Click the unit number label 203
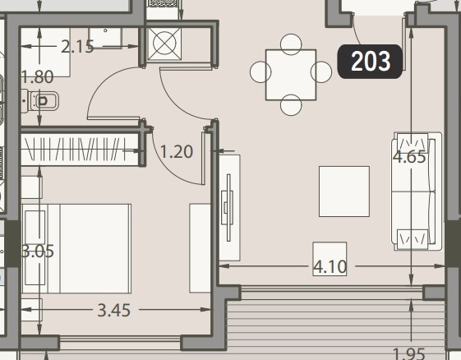point(370,62)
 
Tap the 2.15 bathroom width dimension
point(77,47)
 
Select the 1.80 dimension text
point(38,77)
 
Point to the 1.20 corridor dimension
point(177,152)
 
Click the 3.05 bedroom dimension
point(39,252)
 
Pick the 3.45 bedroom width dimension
point(113,311)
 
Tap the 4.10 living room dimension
point(330,267)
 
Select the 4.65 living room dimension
point(409,157)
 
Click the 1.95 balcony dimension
point(409,353)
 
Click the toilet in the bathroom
point(40,101)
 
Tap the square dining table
point(291,75)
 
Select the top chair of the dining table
point(291,44)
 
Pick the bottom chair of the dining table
point(291,105)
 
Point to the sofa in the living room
point(417,192)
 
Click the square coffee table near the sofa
point(344,192)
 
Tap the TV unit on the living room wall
point(229,208)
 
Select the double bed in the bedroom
point(76,248)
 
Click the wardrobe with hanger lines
point(80,150)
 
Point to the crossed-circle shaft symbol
point(164,44)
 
